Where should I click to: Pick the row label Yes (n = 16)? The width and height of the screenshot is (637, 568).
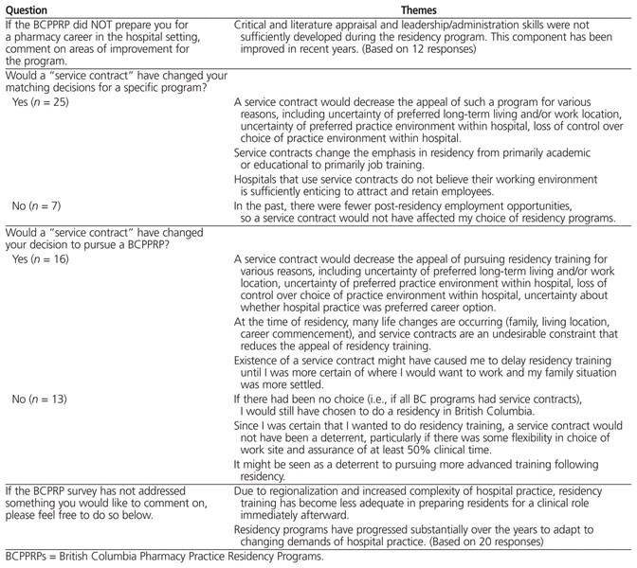[46, 257]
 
